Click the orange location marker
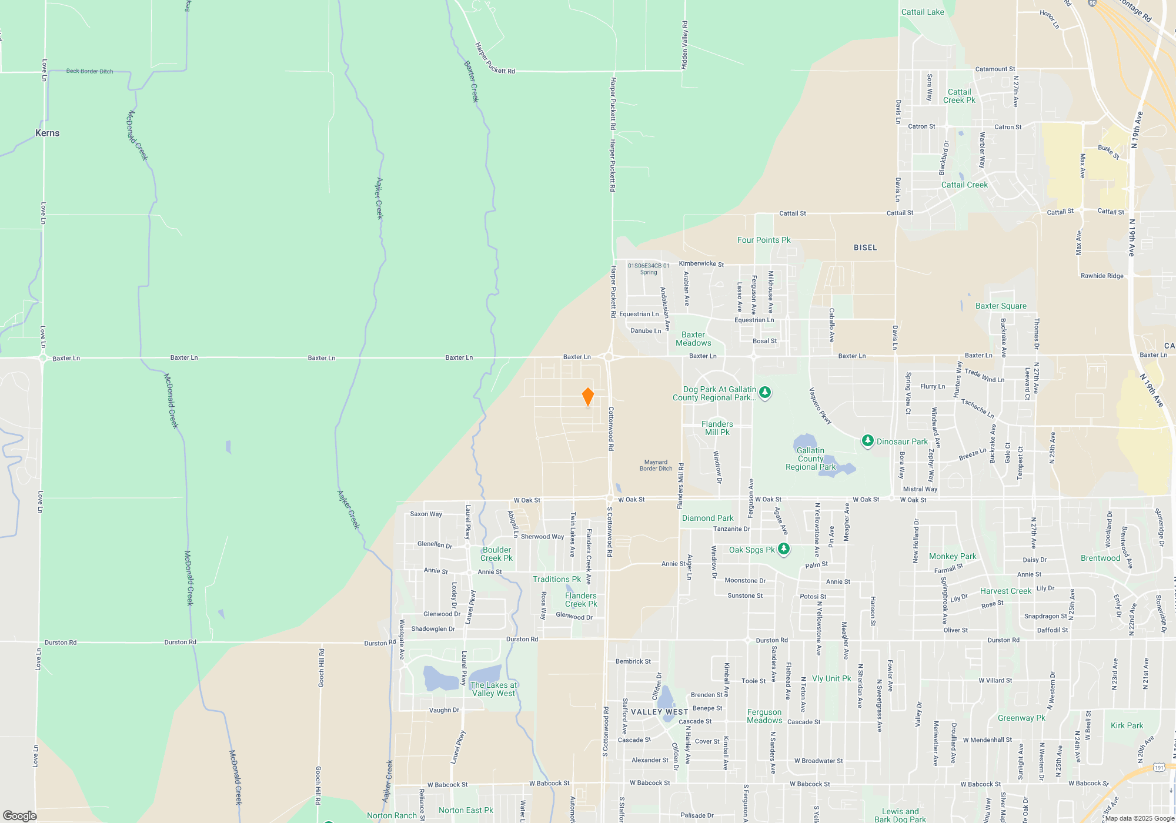tap(587, 397)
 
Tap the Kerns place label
tap(47, 133)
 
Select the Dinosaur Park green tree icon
tap(867, 441)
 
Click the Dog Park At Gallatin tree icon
tap(764, 392)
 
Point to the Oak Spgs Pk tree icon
tap(783, 549)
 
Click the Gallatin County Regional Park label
tap(810, 459)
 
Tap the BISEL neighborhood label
tap(865, 247)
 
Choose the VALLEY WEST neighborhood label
tap(659, 712)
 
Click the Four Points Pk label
tap(763, 240)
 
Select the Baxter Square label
tap(1001, 306)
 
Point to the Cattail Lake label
tap(923, 12)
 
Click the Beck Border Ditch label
tap(89, 71)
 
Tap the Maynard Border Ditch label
tap(656, 466)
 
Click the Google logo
tap(20, 815)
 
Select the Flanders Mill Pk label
tap(717, 428)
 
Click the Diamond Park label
tap(707, 518)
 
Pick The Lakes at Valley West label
tap(493, 689)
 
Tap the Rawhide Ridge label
tap(1101, 276)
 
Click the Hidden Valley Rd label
tap(684, 45)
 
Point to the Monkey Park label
tap(952, 556)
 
